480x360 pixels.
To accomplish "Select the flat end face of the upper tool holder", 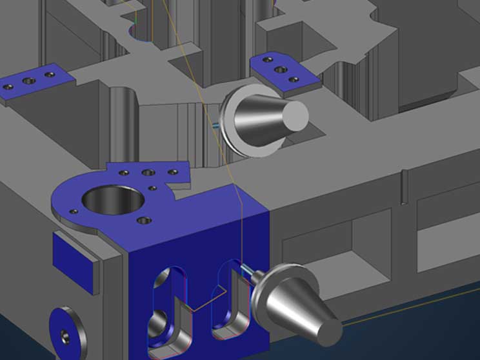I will point(297,115).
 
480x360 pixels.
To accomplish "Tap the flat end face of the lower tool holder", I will point(329,330).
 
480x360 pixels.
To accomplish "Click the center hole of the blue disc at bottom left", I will point(64,335).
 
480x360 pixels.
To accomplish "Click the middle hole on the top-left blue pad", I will point(28,81).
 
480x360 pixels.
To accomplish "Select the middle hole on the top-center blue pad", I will point(280,69).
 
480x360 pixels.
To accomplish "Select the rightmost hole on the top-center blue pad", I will point(294,80).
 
